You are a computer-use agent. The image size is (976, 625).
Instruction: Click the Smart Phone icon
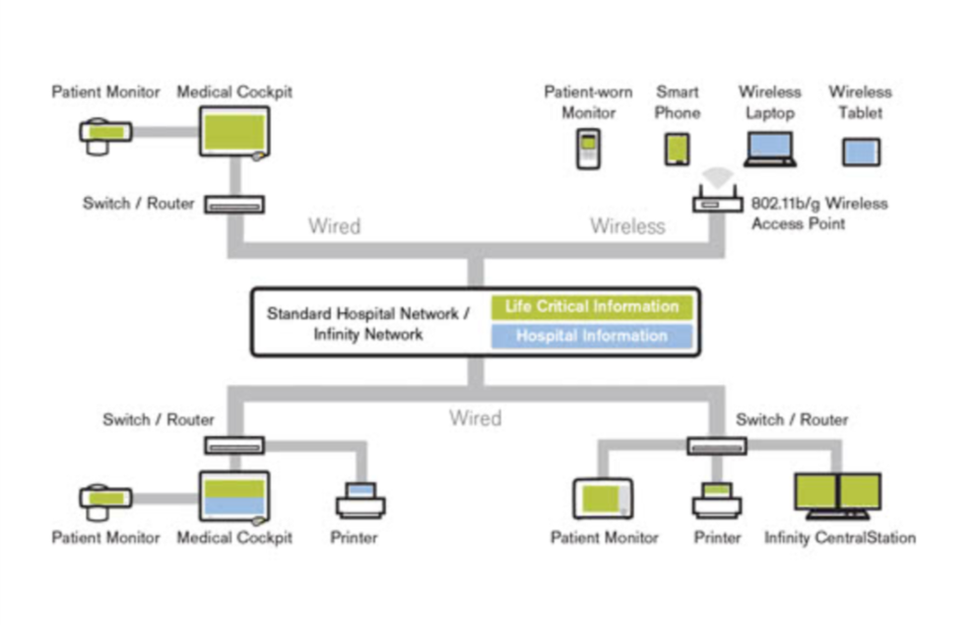click(677, 150)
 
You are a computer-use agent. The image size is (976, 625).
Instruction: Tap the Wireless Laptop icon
click(769, 150)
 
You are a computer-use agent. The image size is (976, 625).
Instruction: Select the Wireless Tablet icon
click(860, 152)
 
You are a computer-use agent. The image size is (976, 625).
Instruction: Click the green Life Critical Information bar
click(591, 307)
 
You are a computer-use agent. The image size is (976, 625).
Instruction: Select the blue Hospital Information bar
click(591, 337)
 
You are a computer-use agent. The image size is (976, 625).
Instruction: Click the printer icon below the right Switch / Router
click(716, 500)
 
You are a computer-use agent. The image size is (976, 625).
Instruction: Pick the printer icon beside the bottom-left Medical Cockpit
click(360, 500)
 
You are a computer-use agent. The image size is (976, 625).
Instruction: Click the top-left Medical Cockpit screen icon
click(234, 132)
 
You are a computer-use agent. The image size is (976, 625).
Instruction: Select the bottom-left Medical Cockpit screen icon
click(233, 496)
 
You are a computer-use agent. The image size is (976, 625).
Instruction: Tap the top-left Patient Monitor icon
click(104, 135)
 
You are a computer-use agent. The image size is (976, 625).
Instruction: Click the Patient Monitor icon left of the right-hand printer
click(603, 498)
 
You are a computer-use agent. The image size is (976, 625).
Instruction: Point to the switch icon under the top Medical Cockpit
click(234, 205)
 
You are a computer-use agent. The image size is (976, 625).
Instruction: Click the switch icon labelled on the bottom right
click(716, 445)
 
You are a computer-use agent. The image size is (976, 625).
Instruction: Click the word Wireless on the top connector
click(627, 226)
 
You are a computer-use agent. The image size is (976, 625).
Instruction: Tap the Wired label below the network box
click(475, 418)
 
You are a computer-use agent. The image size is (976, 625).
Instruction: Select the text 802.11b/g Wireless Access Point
click(818, 214)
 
